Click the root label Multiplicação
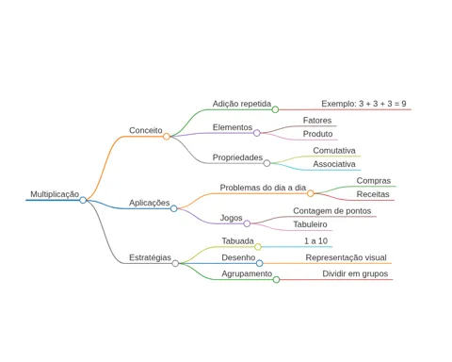pyautogui.click(x=55, y=194)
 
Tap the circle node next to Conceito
pyautogui.click(x=167, y=137)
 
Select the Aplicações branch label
pyautogui.click(x=150, y=203)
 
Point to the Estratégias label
pyautogui.click(x=150, y=257)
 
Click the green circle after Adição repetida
pyautogui.click(x=275, y=109)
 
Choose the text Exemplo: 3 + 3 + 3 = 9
pyautogui.click(x=363, y=104)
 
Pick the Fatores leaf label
pyautogui.click(x=317, y=121)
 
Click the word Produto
pyautogui.click(x=317, y=134)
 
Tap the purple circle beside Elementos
pyautogui.click(x=257, y=133)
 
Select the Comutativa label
pyautogui.click(x=334, y=151)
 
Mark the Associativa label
pyautogui.click(x=334, y=164)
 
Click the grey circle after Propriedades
pyautogui.click(x=266, y=163)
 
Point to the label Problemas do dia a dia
pyautogui.click(x=263, y=188)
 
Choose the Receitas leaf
pyautogui.click(x=373, y=194)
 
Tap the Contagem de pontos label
pyautogui.click(x=332, y=211)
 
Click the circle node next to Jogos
pyautogui.click(x=247, y=223)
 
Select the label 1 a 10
pyautogui.click(x=315, y=241)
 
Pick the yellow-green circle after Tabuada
pyautogui.click(x=258, y=247)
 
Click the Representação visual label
pyautogui.click(x=346, y=257)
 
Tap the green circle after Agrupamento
pyautogui.click(x=276, y=279)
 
